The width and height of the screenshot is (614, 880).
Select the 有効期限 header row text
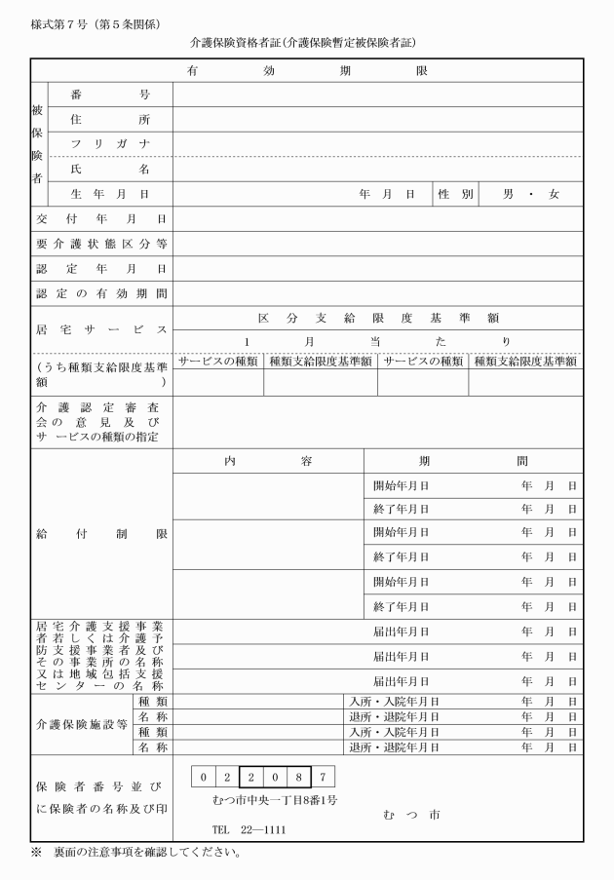click(306, 71)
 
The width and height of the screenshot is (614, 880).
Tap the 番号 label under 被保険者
click(108, 95)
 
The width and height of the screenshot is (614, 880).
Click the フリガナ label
click(108, 144)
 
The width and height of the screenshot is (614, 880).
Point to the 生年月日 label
click(108, 195)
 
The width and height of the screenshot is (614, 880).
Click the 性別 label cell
click(455, 195)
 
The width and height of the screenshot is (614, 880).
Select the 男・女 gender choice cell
click(530, 195)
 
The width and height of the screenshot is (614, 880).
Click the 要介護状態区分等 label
click(101, 244)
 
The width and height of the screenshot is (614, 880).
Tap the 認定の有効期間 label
click(101, 292)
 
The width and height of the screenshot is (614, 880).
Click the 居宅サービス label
click(101, 330)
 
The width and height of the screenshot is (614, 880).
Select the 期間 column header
click(473, 460)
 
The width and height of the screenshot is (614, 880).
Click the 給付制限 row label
click(101, 534)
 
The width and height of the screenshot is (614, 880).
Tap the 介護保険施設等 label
click(81, 724)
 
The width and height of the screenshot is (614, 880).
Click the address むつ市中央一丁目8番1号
click(275, 801)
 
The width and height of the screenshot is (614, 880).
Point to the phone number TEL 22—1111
click(249, 830)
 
